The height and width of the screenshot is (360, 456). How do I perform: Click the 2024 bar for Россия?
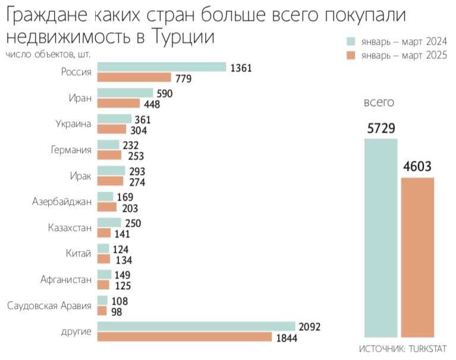pos(161,67)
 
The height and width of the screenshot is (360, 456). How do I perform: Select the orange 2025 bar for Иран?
pos(118,104)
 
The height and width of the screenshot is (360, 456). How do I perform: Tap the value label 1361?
pos(241,68)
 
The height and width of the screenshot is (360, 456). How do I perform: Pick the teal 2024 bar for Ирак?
pos(111,171)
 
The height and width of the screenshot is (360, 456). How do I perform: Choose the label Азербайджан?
pos(62,201)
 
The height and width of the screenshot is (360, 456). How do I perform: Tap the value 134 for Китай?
pos(123,259)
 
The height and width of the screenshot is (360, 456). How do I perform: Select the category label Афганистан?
pos(66,279)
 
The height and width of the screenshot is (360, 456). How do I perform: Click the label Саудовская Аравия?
pos(49,306)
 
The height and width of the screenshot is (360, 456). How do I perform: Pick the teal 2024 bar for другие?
pos(196,326)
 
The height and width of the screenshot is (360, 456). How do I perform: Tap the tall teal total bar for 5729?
pos(380,238)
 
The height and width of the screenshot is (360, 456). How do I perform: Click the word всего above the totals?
pos(379,102)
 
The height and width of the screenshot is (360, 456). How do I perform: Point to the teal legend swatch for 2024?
pos(351,41)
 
